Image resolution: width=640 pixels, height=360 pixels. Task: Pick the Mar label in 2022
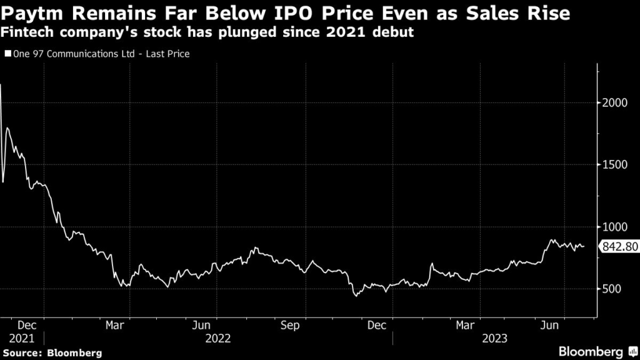[114, 326]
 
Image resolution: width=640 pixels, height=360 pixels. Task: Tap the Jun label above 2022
[201, 326]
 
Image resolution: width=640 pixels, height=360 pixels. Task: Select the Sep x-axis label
[290, 326]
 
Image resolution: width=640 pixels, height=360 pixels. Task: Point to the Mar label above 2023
[464, 326]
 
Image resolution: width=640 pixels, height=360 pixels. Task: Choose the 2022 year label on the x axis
[218, 338]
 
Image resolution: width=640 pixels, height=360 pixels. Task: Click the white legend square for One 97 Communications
[7, 54]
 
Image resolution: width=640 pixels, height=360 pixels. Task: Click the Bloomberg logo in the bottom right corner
[591, 351]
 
